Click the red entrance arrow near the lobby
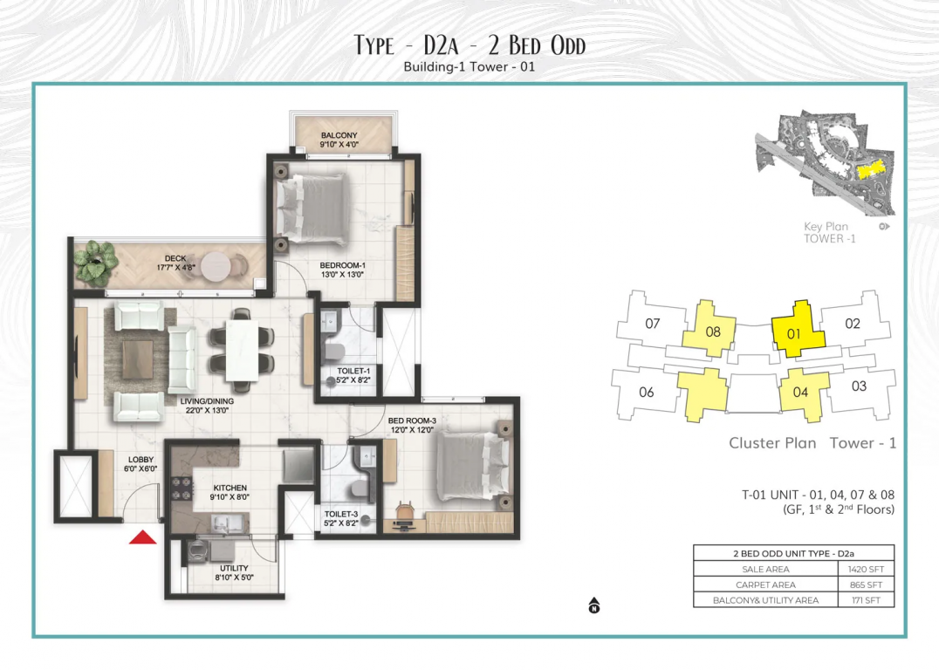(142, 537)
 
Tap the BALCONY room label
(339, 135)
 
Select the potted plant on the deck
(95, 262)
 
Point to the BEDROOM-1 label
(343, 265)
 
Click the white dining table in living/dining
(242, 351)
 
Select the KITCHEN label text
(230, 488)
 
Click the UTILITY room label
(234, 568)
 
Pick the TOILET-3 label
(341, 515)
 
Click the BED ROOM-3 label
(412, 420)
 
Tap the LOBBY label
(141, 460)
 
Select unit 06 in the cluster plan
(646, 393)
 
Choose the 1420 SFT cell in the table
(866, 570)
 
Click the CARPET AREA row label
(765, 585)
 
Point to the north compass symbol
(594, 605)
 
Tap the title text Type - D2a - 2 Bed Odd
(469, 44)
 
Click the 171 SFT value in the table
(866, 600)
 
